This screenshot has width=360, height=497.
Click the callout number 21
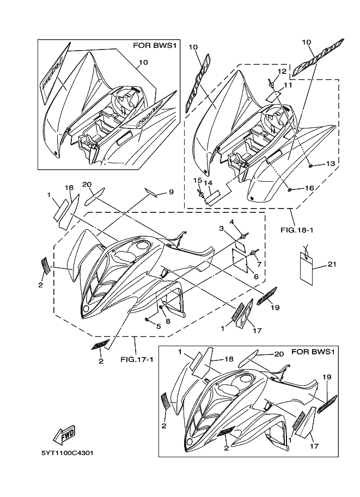pyautogui.click(x=332, y=265)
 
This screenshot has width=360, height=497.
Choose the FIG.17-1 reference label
pyautogui.click(x=136, y=359)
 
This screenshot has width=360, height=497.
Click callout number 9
pyautogui.click(x=170, y=192)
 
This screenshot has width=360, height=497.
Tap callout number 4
pyautogui.click(x=231, y=222)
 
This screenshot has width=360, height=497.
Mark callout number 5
pyautogui.click(x=158, y=327)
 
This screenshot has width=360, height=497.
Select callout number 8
pyautogui.click(x=168, y=321)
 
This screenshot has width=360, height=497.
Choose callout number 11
pyautogui.click(x=288, y=85)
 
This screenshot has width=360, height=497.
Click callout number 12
pyautogui.click(x=282, y=72)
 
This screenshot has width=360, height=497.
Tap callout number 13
pyautogui.click(x=330, y=163)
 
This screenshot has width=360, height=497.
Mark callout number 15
pyautogui.click(x=198, y=180)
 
